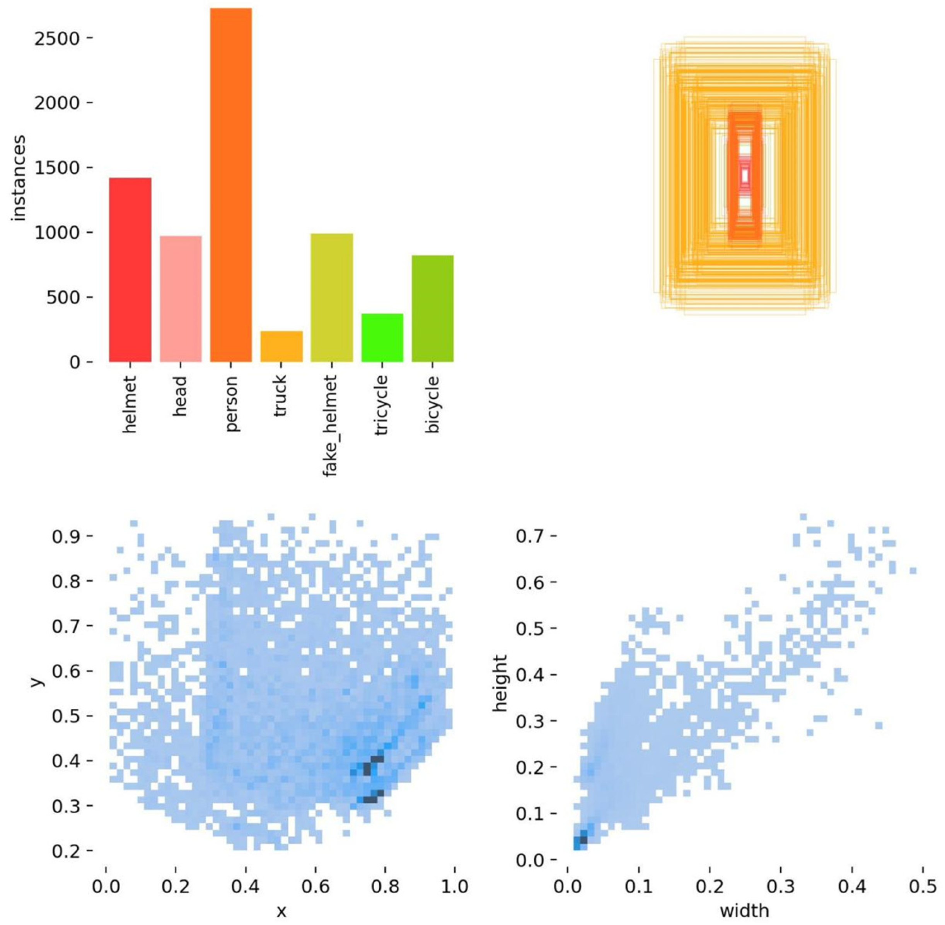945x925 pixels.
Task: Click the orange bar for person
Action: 231,184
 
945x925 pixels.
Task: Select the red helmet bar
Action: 130,270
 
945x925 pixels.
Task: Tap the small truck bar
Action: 281,346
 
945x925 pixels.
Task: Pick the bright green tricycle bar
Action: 382,338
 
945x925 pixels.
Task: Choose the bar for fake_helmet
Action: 332,297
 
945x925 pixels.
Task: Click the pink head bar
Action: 180,299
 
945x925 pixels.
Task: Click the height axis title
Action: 500,683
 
